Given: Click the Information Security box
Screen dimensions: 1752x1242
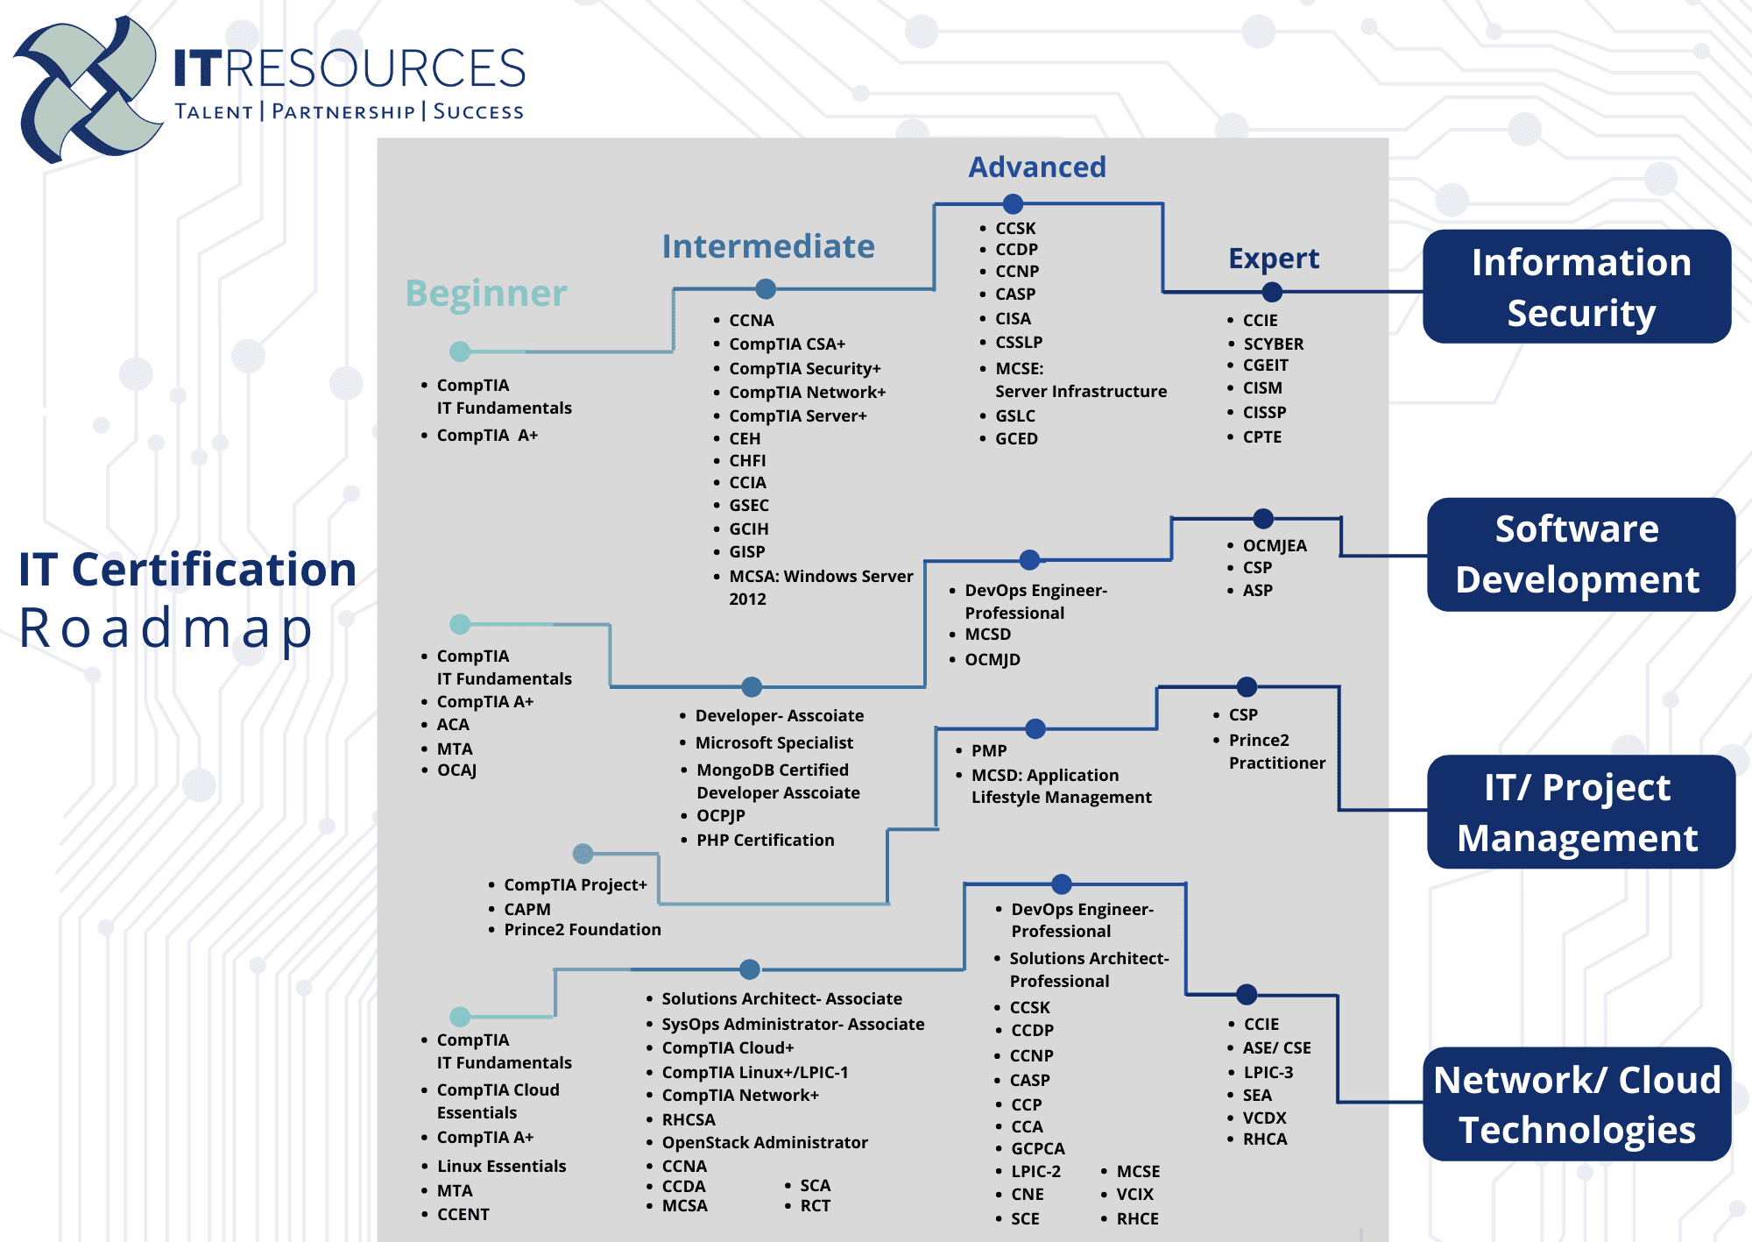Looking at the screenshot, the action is [1577, 287].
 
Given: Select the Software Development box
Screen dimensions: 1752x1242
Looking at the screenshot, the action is [1581, 554].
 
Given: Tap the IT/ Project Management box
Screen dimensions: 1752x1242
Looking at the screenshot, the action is [1581, 812].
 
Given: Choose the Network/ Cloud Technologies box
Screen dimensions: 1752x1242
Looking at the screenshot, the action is [1577, 1104].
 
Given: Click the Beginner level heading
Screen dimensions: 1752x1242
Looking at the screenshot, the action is [486, 294].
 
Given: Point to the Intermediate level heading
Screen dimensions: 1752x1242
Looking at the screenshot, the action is [768, 246].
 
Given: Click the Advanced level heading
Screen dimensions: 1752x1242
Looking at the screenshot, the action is [1037, 167].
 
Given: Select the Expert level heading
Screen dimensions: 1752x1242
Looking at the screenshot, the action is [1274, 259].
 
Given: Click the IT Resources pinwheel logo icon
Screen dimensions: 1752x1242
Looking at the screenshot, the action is [88, 89].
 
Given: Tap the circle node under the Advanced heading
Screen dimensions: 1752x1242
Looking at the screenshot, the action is [1014, 204].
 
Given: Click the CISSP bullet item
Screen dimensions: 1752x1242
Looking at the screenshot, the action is [1264, 412].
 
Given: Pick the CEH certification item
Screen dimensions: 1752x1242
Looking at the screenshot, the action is [745, 438].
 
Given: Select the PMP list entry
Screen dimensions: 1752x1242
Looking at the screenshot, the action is [989, 750].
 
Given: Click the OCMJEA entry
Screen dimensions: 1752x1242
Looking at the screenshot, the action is [1275, 545].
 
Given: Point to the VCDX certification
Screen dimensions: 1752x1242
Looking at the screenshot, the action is [1264, 1118].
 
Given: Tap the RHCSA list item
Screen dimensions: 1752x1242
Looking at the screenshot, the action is [689, 1119].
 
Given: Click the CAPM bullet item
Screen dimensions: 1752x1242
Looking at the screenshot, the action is [527, 909].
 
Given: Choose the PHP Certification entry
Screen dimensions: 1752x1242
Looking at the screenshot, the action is [765, 840].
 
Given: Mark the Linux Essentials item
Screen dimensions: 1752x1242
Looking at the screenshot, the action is [501, 1166].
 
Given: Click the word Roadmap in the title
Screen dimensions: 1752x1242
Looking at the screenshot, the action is [166, 628].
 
